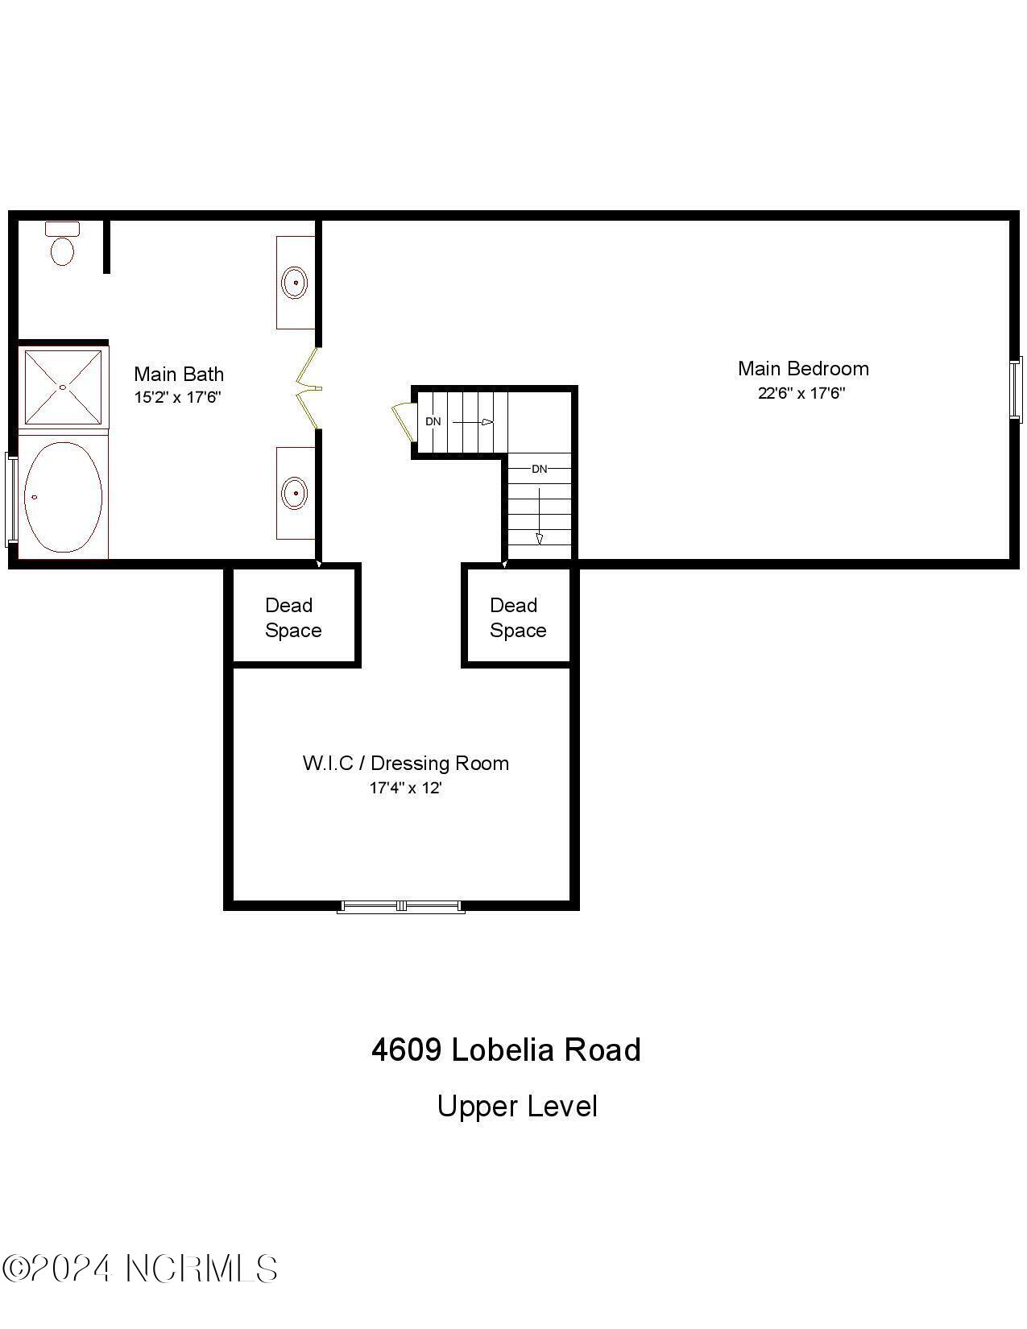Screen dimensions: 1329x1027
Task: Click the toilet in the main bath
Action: point(62,244)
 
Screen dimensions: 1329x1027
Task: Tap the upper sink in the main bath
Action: point(295,283)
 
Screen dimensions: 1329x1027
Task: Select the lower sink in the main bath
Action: point(295,492)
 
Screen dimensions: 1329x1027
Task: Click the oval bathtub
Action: point(63,497)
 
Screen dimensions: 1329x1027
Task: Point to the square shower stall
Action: point(63,387)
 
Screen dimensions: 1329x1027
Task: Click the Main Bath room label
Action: point(179,374)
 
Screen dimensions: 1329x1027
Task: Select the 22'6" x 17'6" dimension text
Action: point(801,393)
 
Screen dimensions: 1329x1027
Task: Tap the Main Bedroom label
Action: point(803,369)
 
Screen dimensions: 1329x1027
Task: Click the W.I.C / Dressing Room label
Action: point(405,763)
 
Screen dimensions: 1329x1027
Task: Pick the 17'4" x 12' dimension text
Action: point(405,788)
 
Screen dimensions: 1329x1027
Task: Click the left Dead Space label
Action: point(292,618)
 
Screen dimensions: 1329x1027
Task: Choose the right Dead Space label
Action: point(517,618)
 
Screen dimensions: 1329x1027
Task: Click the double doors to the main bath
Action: point(309,389)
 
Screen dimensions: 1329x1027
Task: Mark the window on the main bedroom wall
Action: point(1017,388)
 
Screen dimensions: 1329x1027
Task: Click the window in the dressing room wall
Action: point(400,906)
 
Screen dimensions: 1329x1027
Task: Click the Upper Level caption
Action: point(517,1106)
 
